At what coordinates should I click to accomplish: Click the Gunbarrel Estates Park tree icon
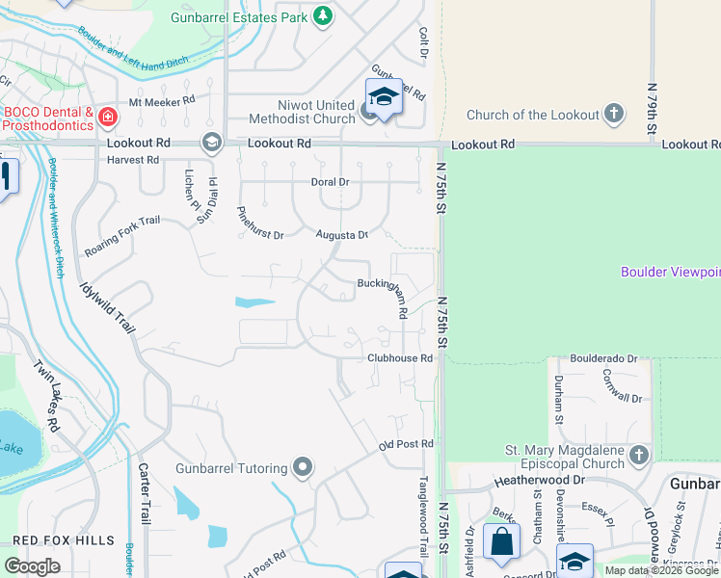click(323, 16)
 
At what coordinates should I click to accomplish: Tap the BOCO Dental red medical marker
click(107, 118)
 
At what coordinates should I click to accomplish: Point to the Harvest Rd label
click(133, 160)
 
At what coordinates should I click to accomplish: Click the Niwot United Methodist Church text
click(302, 113)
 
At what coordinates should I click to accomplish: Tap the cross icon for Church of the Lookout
click(613, 116)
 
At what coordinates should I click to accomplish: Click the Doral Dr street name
click(329, 181)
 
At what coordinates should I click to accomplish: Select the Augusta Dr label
click(342, 234)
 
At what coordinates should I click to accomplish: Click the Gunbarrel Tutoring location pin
click(304, 469)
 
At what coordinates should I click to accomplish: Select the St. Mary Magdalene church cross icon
click(638, 455)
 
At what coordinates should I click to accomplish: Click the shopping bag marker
click(502, 542)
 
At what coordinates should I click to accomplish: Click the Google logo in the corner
click(32, 565)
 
